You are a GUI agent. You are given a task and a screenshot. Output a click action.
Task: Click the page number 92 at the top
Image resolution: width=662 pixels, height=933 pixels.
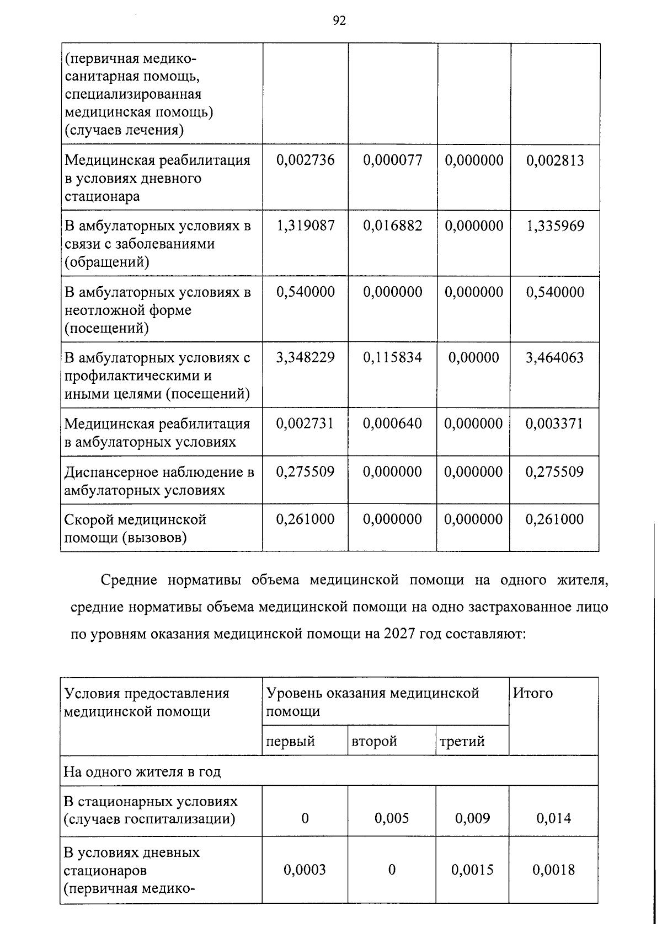[x=339, y=21]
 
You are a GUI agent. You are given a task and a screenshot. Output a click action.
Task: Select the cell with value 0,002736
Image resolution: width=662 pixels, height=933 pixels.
[x=305, y=160]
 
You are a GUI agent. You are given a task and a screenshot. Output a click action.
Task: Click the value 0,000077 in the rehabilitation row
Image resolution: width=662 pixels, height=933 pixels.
[x=393, y=160]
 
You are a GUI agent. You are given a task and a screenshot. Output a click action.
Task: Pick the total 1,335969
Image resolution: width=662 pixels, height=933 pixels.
[x=555, y=226]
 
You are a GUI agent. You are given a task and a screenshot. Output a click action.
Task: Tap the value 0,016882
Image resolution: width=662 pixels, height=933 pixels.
[x=393, y=226]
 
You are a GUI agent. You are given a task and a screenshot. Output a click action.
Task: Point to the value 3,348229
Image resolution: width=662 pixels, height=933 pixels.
[x=305, y=358]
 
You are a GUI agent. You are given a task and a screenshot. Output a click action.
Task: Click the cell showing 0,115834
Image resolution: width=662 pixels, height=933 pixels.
[x=393, y=358]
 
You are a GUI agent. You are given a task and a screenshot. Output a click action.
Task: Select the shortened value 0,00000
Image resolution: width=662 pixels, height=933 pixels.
[x=473, y=358]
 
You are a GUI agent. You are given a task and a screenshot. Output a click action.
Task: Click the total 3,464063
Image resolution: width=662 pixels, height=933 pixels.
[x=555, y=358]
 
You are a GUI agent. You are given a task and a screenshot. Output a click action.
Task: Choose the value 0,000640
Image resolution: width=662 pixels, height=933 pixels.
[x=393, y=423]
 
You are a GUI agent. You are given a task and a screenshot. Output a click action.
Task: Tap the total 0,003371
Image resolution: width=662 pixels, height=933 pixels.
[x=555, y=423]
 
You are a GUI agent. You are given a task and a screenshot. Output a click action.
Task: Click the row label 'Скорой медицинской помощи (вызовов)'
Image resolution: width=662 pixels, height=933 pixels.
[x=135, y=528]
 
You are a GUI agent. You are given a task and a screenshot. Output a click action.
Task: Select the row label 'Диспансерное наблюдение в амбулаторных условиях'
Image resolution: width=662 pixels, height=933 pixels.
[x=159, y=481]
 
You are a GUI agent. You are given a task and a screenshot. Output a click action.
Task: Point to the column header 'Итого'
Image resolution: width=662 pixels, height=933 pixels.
[x=533, y=693]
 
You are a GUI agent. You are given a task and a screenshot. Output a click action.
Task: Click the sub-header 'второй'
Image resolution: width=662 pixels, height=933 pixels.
[x=374, y=741]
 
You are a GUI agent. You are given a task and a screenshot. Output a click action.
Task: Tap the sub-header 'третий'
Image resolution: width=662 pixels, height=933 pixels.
[x=462, y=741]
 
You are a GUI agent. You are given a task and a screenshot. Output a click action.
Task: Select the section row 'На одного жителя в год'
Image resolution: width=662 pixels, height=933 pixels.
[x=142, y=771]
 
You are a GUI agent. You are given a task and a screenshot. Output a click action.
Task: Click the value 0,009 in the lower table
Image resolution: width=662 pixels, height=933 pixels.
[x=473, y=818]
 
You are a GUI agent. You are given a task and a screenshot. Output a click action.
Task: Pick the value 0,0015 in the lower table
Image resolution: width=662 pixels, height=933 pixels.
[x=473, y=870]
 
